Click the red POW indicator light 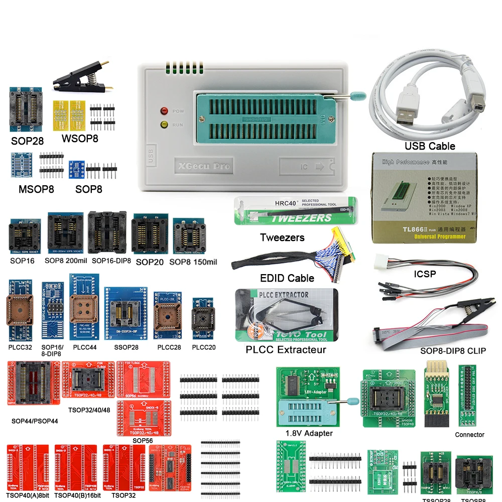(164, 111)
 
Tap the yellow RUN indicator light (164, 124)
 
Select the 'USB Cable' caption (430, 146)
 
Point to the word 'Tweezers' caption (282, 237)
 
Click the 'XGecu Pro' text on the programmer (202, 166)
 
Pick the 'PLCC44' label (85, 347)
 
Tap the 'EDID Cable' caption (287, 278)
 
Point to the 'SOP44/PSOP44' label (35, 421)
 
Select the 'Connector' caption (469, 434)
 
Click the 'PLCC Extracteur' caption (286, 350)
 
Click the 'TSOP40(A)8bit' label (27, 495)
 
